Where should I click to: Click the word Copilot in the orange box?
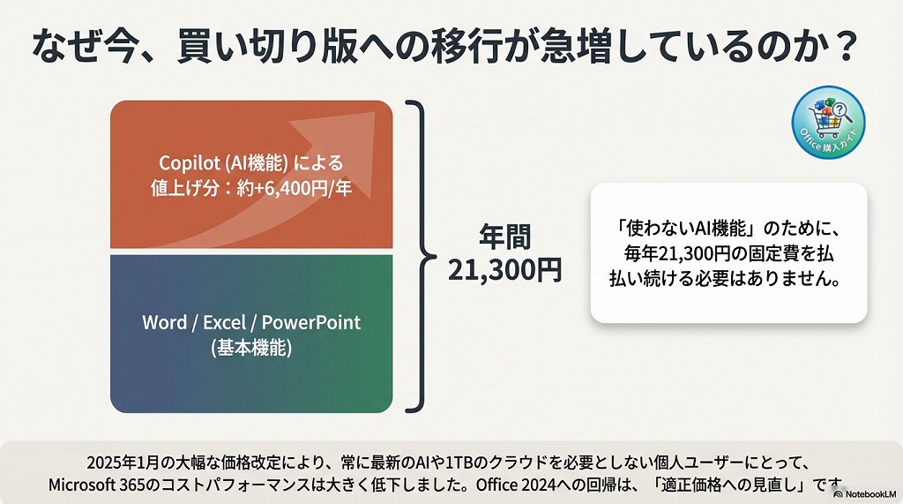point(188,163)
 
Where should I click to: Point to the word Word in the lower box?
point(164,322)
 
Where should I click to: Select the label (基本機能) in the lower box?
point(251,348)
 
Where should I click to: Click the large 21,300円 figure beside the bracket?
point(504,270)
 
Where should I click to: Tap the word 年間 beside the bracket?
point(504,237)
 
